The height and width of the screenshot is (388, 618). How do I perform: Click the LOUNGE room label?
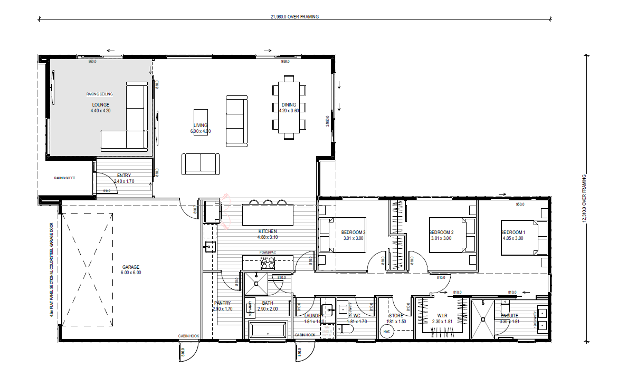tap(100, 105)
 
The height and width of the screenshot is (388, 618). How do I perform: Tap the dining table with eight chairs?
tap(289, 108)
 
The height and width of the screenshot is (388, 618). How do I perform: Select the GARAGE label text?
tap(131, 267)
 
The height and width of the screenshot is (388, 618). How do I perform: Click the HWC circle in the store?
tap(386, 332)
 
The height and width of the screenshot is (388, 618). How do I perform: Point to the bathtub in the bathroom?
tap(268, 331)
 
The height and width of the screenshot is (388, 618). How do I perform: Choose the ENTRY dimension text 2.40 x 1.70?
tap(124, 181)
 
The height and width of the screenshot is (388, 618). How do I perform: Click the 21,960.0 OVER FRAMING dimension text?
tap(294, 17)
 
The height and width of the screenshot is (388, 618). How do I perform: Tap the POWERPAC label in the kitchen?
tap(267, 253)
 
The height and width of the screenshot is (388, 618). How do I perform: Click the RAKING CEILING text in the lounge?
tap(100, 94)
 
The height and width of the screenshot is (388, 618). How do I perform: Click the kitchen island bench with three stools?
tap(267, 215)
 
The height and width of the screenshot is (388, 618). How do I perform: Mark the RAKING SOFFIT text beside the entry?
tap(64, 178)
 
